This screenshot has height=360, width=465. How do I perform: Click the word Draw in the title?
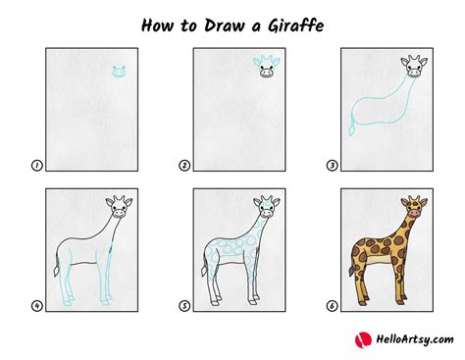[x=216, y=22]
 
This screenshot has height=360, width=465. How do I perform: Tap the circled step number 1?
[x=36, y=168]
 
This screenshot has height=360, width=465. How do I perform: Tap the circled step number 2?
[x=183, y=168]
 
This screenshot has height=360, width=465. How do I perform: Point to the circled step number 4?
[x=36, y=306]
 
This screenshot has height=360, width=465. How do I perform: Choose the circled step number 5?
[x=183, y=306]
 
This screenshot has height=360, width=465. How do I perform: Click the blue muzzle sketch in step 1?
[x=119, y=72]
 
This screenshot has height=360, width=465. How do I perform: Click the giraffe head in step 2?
[x=267, y=68]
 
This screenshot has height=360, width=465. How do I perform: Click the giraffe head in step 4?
[x=119, y=208]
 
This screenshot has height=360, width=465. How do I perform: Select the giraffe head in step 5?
[x=266, y=208]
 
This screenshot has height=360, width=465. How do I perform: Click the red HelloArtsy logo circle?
[x=363, y=339]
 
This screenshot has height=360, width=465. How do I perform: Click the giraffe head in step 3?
[x=414, y=68]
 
